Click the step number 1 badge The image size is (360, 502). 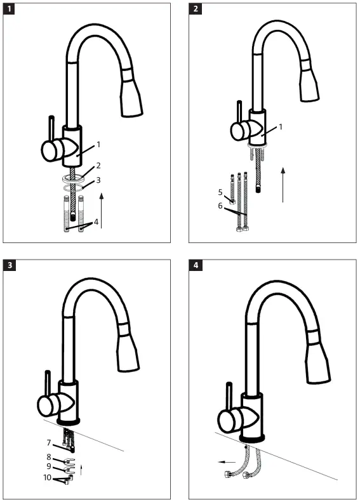click(10, 10)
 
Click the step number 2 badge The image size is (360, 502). click(196, 10)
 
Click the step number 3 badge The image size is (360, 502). click(10, 266)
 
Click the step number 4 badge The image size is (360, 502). click(196, 266)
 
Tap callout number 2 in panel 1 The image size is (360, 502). click(98, 166)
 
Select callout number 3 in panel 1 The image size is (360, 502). click(98, 181)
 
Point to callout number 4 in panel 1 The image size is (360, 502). click(97, 222)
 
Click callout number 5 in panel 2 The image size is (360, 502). click(220, 191)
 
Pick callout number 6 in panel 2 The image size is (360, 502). click(220, 206)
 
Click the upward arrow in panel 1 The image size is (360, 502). click(102, 213)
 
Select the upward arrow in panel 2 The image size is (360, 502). click(284, 184)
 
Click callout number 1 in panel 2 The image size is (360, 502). click(281, 127)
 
